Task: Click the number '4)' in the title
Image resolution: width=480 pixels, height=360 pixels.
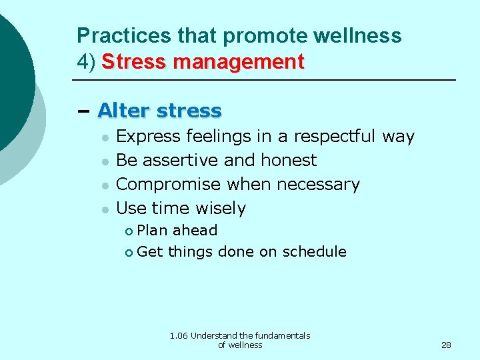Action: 87,62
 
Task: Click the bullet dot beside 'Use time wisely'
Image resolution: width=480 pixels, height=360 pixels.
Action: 105,209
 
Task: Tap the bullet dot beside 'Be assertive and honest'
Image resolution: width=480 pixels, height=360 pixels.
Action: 105,161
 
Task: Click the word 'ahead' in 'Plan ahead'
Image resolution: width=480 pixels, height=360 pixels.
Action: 195,230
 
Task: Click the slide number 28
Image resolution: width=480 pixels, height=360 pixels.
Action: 446,345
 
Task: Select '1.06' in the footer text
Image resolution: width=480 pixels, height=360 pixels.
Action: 179,335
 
